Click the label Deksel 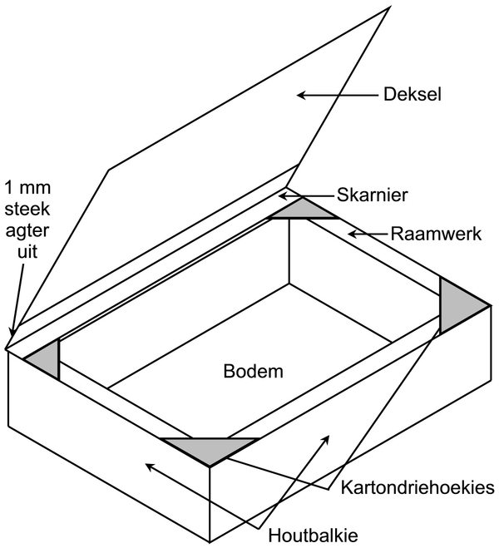413,94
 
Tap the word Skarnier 372,195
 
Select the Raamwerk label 436,234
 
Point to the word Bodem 254,371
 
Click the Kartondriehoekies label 418,487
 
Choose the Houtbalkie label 313,535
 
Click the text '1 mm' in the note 27,188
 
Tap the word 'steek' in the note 27,209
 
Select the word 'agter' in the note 27,231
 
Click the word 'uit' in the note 27,252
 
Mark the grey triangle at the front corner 210,448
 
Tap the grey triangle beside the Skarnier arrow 304,209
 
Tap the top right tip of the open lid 389,7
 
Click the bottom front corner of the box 210,542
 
